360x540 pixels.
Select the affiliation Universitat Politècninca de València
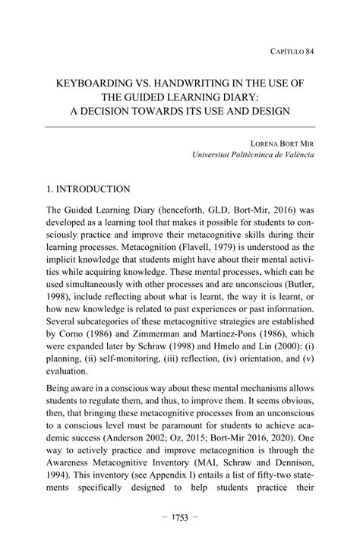(253, 154)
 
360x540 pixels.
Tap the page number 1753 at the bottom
(180, 517)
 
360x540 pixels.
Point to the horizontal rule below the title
(180, 127)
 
